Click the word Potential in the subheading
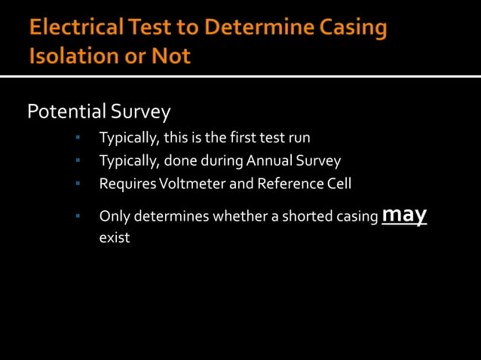tap(66, 112)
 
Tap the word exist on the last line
tap(115, 238)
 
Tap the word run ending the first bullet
tap(299, 139)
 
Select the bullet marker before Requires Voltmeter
tap(78, 184)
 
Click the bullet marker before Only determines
tap(78, 217)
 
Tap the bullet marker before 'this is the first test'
tap(78, 139)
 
